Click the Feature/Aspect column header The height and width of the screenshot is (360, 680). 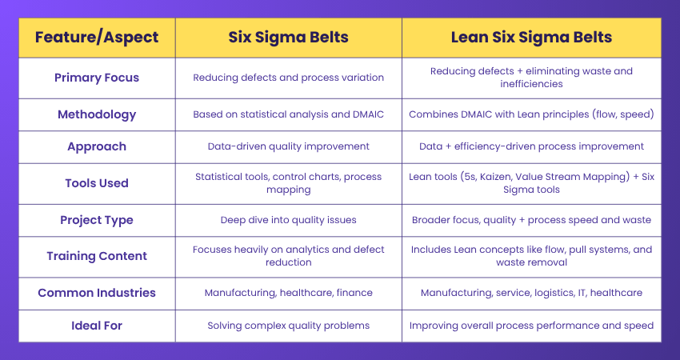(x=96, y=37)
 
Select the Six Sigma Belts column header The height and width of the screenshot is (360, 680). (x=288, y=37)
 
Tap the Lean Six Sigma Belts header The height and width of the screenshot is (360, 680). (x=531, y=37)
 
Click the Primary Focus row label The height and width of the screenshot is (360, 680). (x=96, y=78)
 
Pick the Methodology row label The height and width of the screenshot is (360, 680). (x=96, y=114)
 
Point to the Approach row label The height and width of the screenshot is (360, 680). (x=96, y=147)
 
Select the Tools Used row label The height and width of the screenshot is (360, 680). (x=96, y=183)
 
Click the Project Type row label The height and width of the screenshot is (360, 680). (x=96, y=220)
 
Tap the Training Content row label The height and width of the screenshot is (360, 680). (x=96, y=256)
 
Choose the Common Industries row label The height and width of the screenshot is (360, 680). (x=96, y=293)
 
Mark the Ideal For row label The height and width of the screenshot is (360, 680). (x=96, y=326)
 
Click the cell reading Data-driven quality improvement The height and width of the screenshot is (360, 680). (x=288, y=147)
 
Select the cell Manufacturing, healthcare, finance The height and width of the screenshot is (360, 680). (x=288, y=293)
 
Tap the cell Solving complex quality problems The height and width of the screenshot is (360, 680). (x=288, y=326)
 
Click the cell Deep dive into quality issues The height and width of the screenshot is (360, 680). (x=288, y=220)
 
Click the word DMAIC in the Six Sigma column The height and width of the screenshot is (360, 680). (x=366, y=114)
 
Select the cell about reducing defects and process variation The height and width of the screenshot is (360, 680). (x=288, y=78)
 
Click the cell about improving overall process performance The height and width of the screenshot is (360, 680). (x=531, y=326)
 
